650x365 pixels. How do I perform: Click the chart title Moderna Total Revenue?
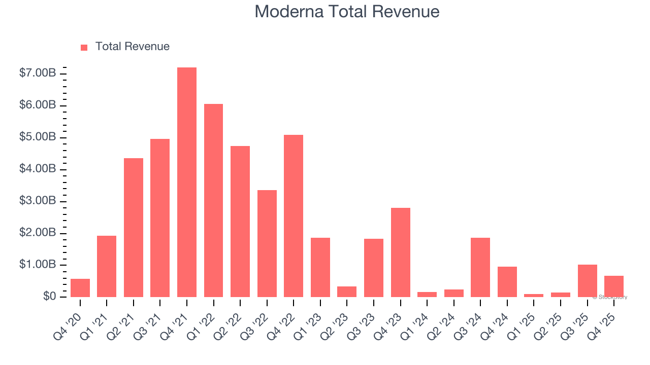pos(347,12)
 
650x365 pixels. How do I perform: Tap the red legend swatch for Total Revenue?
pos(84,47)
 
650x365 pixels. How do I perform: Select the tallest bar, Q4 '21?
pos(187,182)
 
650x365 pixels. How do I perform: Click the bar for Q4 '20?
pos(80,288)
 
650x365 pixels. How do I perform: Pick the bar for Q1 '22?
pos(213,200)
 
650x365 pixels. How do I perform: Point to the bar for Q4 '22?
pos(294,216)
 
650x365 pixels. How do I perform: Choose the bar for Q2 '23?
pos(347,292)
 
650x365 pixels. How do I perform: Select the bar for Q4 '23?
pos(400,252)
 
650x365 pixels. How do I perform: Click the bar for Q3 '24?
pos(480,267)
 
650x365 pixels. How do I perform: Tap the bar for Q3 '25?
pos(587,281)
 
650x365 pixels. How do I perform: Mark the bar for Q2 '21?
pos(134,228)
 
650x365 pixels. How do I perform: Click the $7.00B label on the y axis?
pos(38,74)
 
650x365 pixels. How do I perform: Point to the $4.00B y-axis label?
pos(38,169)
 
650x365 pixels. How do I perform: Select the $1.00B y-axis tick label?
pos(38,265)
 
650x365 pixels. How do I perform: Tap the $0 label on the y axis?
pos(49,297)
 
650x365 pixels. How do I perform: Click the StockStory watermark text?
pos(610,297)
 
